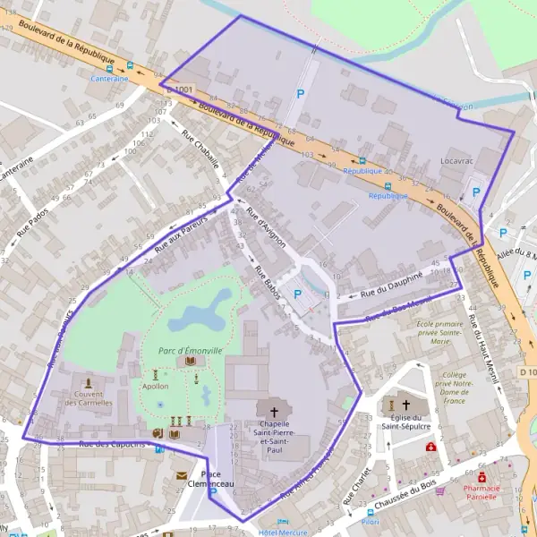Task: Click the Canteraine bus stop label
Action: (109, 78)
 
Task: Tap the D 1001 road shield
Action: (179, 89)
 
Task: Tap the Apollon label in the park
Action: (155, 387)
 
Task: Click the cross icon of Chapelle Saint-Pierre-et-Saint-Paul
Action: (273, 413)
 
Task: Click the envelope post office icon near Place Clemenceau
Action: (182, 476)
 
